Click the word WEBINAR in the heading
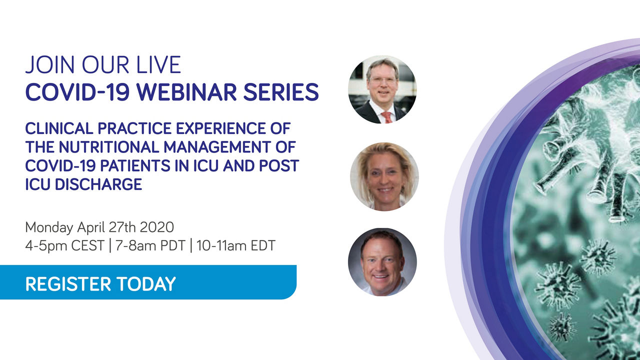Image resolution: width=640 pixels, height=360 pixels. [186, 92]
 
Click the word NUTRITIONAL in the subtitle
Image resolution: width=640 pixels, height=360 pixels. [108, 147]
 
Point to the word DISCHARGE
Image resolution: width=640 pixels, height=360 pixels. [98, 184]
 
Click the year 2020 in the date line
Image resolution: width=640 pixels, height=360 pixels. [157, 227]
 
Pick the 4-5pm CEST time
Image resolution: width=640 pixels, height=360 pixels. [64, 246]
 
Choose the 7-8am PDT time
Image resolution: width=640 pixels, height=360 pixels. [150, 245]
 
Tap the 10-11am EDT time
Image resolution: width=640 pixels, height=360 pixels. [235, 245]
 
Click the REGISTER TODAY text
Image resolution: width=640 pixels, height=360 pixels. [100, 284]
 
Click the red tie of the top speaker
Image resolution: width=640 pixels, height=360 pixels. [387, 117]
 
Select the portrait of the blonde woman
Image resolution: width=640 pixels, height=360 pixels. [384, 176]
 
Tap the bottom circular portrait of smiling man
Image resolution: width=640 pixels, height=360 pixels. [382, 262]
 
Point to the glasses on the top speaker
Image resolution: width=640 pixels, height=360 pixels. [383, 80]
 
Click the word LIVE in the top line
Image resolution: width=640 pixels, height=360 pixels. [158, 65]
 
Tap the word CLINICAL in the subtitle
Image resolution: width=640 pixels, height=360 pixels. [59, 128]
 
